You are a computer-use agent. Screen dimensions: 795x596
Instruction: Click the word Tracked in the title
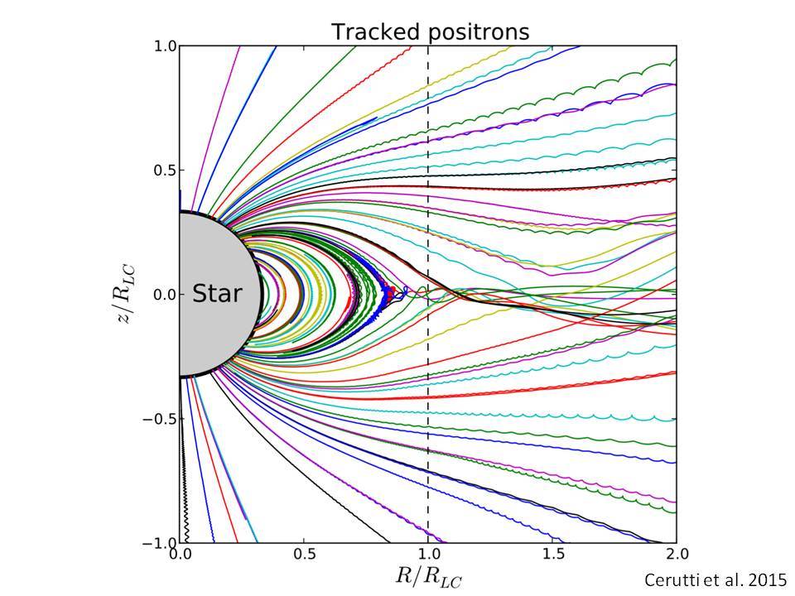pyautogui.click(x=376, y=32)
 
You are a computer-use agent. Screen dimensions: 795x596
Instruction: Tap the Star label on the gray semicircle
pyautogui.click(x=217, y=293)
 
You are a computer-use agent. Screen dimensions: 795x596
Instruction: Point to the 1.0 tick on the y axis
pyautogui.click(x=165, y=46)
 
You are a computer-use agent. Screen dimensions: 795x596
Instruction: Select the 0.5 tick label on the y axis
pyautogui.click(x=165, y=171)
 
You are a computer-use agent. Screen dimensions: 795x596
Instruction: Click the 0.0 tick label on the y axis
pyautogui.click(x=165, y=295)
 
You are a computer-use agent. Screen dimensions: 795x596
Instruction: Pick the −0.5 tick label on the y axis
pyautogui.click(x=159, y=419)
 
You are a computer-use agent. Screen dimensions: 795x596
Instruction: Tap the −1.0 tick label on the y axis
pyautogui.click(x=159, y=543)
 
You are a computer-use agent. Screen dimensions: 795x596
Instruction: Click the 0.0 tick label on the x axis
pyautogui.click(x=181, y=554)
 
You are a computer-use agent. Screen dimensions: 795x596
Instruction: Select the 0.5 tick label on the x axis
pyautogui.click(x=305, y=554)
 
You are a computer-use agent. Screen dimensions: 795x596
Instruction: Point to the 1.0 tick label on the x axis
pyautogui.click(x=428, y=554)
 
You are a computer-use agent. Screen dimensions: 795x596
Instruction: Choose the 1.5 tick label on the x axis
pyautogui.click(x=552, y=554)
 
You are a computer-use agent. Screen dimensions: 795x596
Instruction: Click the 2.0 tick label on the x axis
pyautogui.click(x=677, y=554)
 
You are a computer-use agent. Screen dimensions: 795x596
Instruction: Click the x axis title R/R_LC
pyautogui.click(x=428, y=577)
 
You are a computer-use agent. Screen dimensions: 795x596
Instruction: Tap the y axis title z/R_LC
pyautogui.click(x=127, y=295)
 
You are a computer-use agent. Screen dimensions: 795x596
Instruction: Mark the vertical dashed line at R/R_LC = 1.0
pyautogui.click(x=428, y=295)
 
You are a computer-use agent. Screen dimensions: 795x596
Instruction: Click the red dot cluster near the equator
pyautogui.click(x=389, y=292)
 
